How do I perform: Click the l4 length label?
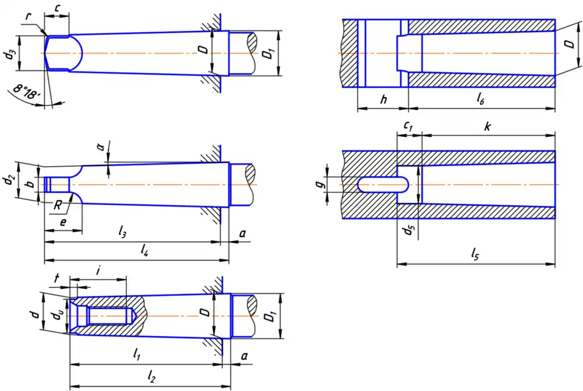(145, 249)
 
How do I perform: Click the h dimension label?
(383, 99)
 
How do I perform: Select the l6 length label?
(480, 99)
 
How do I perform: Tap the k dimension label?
(487, 127)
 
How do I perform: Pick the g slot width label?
(327, 179)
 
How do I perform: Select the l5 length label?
(475, 255)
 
